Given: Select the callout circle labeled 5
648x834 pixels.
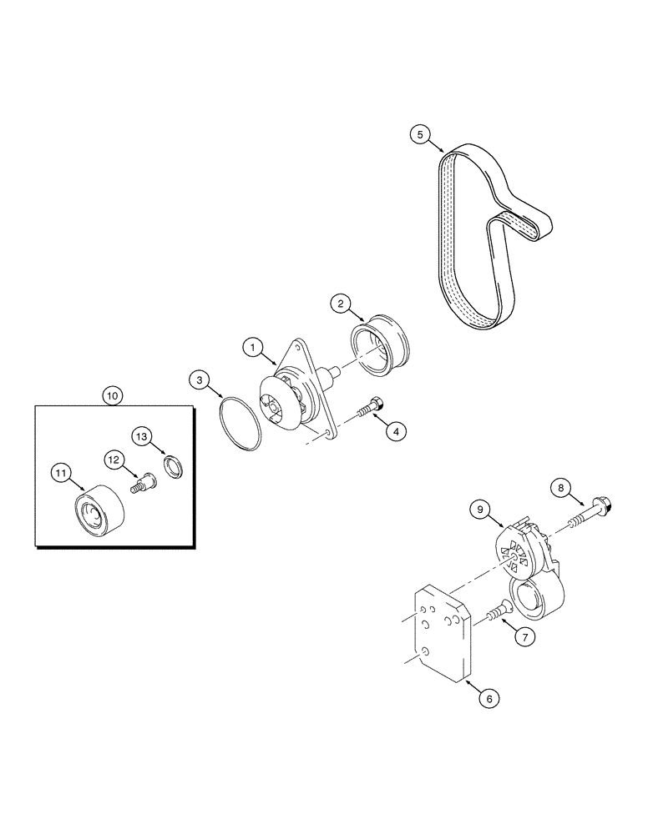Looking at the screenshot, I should pos(422,134).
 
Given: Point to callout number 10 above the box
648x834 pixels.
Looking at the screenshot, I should pos(112,394).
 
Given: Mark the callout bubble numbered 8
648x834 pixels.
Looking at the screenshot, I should pos(560,489).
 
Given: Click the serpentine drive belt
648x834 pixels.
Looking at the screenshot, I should pos(472,242).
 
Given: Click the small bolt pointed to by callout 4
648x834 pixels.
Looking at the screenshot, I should pos(370,409).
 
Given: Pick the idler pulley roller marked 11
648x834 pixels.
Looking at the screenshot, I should pos(96,510).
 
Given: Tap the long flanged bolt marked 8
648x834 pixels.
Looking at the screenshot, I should pos(587,511).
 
